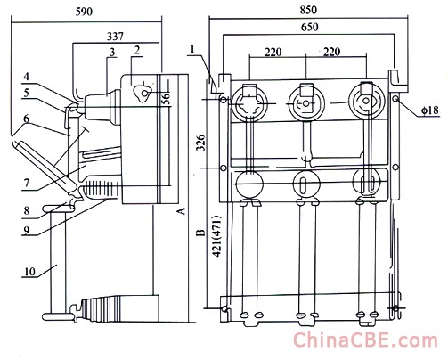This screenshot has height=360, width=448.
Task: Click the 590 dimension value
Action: tap(84, 12)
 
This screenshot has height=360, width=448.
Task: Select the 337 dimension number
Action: tap(115, 37)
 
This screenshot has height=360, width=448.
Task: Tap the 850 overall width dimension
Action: tap(308, 10)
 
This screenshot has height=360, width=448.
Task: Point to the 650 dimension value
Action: tap(310, 27)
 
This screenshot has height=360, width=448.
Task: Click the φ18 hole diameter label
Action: tap(429, 110)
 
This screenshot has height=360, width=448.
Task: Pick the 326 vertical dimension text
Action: tap(201, 143)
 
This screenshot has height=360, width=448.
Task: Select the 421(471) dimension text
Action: tap(216, 236)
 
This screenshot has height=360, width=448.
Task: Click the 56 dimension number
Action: tap(167, 98)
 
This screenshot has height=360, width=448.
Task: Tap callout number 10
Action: tap(29, 272)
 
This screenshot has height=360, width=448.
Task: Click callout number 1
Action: tap(192, 49)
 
